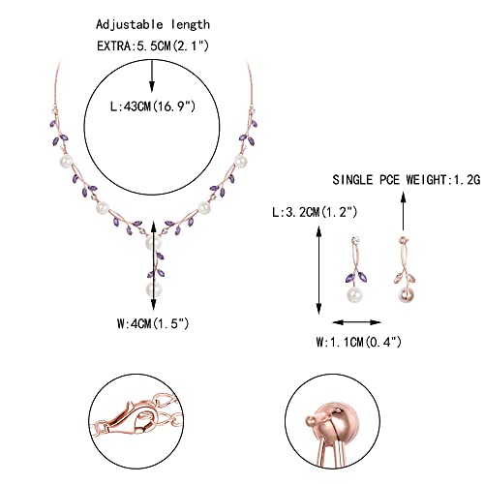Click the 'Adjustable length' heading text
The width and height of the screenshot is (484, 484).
(153, 25)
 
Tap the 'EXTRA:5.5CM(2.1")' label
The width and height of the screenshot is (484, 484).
(153, 45)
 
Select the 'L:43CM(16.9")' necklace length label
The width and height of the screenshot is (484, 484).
(153, 106)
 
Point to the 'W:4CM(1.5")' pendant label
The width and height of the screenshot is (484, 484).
(153, 323)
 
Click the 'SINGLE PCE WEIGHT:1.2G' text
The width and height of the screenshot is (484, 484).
(407, 180)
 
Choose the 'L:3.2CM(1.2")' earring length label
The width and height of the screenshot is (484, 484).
(315, 212)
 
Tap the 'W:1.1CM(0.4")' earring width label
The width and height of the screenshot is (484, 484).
(358, 342)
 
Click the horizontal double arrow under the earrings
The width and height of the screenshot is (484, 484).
(357, 322)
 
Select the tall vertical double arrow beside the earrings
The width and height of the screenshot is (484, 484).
(319, 270)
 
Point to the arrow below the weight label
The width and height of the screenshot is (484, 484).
(403, 211)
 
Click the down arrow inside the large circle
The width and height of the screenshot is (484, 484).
(152, 76)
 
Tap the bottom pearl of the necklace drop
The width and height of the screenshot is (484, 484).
(154, 289)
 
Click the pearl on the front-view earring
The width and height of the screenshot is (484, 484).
(354, 293)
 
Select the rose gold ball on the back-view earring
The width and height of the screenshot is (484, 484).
(406, 294)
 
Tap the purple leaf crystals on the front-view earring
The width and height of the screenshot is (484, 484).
(356, 277)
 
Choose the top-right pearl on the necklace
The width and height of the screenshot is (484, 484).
(240, 161)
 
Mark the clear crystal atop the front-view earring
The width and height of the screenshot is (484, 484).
(355, 240)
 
